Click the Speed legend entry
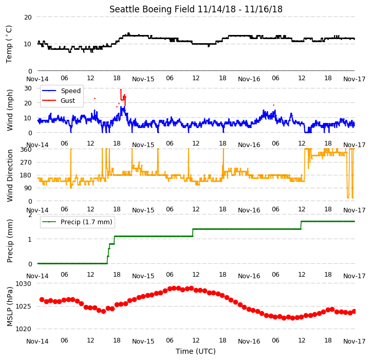tap(61, 91)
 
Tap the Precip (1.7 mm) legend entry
tap(77, 222)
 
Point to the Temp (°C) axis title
tap(9, 44)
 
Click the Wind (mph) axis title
tap(9, 110)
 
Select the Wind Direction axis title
tap(9, 175)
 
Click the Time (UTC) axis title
tap(196, 351)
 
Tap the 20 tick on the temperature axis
tap(28, 17)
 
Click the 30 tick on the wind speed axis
tap(28, 88)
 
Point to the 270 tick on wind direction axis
tap(26, 162)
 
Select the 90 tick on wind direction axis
tap(28, 188)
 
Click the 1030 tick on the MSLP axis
tap(24, 283)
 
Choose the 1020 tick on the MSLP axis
tap(24, 329)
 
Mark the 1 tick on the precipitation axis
tap(30, 239)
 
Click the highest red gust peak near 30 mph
tap(121, 89)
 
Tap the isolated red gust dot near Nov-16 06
tap(274, 105)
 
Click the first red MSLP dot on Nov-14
tap(42, 300)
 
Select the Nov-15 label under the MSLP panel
tap(143, 341)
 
